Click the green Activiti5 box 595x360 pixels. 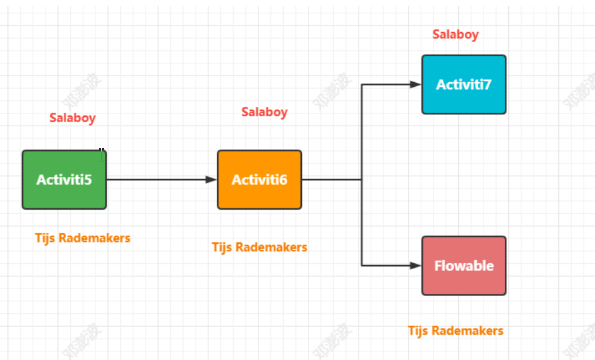pos(64,180)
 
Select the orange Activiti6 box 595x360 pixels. pos(259,180)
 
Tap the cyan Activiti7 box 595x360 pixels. pos(463,85)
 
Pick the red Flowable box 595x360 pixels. pos(463,266)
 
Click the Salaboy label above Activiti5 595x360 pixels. pos(72,118)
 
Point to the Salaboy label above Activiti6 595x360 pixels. pos(264,112)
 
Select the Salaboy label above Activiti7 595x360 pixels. pos(455,35)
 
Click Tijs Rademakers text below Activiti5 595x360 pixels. pos(83,238)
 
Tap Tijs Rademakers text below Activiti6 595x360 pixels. pos(260,247)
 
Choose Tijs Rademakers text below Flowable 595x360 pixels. pos(455,331)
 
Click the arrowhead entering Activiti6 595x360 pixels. pos(212,180)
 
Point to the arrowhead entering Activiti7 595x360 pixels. pos(416,85)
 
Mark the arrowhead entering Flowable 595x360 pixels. pos(416,266)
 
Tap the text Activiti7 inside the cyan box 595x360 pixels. pos(463,85)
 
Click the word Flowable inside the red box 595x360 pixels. pos(463,266)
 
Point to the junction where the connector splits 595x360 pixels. pos(362,180)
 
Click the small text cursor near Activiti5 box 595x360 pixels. pos(102,155)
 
